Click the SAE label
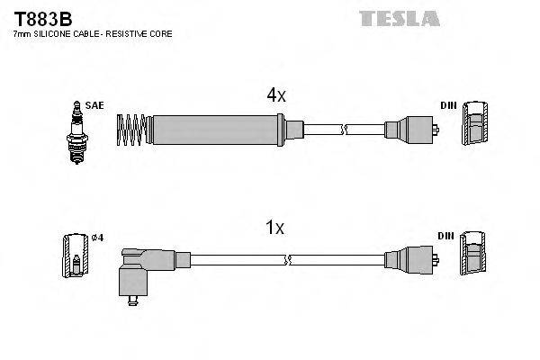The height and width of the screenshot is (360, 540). click(94, 105)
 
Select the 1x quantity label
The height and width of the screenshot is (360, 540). click(275, 229)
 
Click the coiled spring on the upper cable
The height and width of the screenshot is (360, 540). click(132, 130)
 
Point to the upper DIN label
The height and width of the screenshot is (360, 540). click(447, 105)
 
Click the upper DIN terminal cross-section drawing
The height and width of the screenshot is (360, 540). click(476, 123)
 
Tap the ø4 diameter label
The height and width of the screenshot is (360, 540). click(98, 238)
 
